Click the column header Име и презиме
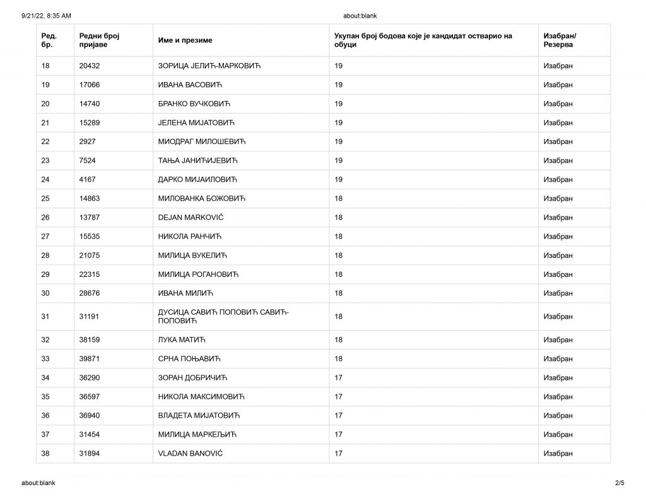point(185,40)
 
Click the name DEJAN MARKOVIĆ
point(191,218)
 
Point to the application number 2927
point(87,141)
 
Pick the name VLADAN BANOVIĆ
point(191,454)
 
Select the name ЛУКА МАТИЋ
point(182,340)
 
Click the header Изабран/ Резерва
point(560,40)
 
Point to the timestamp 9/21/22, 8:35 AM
point(46,16)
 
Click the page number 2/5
point(620,483)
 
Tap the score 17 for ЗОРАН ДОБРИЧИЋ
point(338,378)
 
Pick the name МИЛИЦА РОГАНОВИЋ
point(198,274)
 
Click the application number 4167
point(87,179)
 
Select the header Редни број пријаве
point(100,40)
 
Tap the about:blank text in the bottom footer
point(38,483)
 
